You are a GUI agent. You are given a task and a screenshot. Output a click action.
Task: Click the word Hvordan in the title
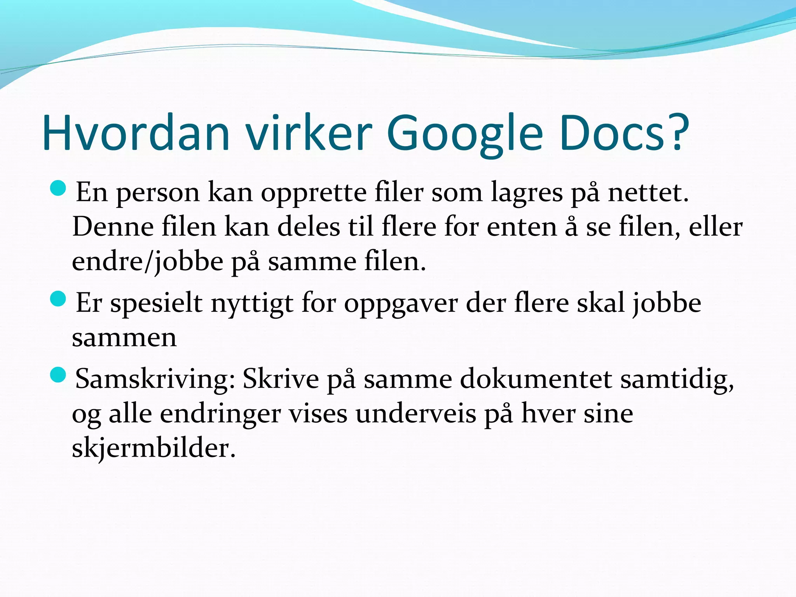tap(136, 133)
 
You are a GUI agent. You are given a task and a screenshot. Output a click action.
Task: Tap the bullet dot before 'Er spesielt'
tap(58, 299)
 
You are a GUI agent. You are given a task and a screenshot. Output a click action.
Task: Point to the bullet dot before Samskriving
tap(58, 375)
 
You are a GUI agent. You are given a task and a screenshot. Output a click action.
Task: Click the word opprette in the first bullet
tap(313, 193)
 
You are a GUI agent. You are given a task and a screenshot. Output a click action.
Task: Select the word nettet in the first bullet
tap(647, 192)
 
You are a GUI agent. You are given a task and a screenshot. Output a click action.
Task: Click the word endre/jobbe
tap(148, 262)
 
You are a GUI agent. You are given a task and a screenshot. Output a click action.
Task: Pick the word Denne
tap(113, 227)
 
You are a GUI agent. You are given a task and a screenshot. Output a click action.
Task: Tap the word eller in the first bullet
tap(715, 227)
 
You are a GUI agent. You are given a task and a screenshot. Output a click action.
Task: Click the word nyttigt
tap(252, 304)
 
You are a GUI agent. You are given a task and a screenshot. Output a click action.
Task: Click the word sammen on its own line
tap(124, 338)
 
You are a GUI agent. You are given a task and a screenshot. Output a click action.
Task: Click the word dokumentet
tap(536, 379)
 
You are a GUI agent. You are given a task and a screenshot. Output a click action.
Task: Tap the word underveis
tap(415, 414)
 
